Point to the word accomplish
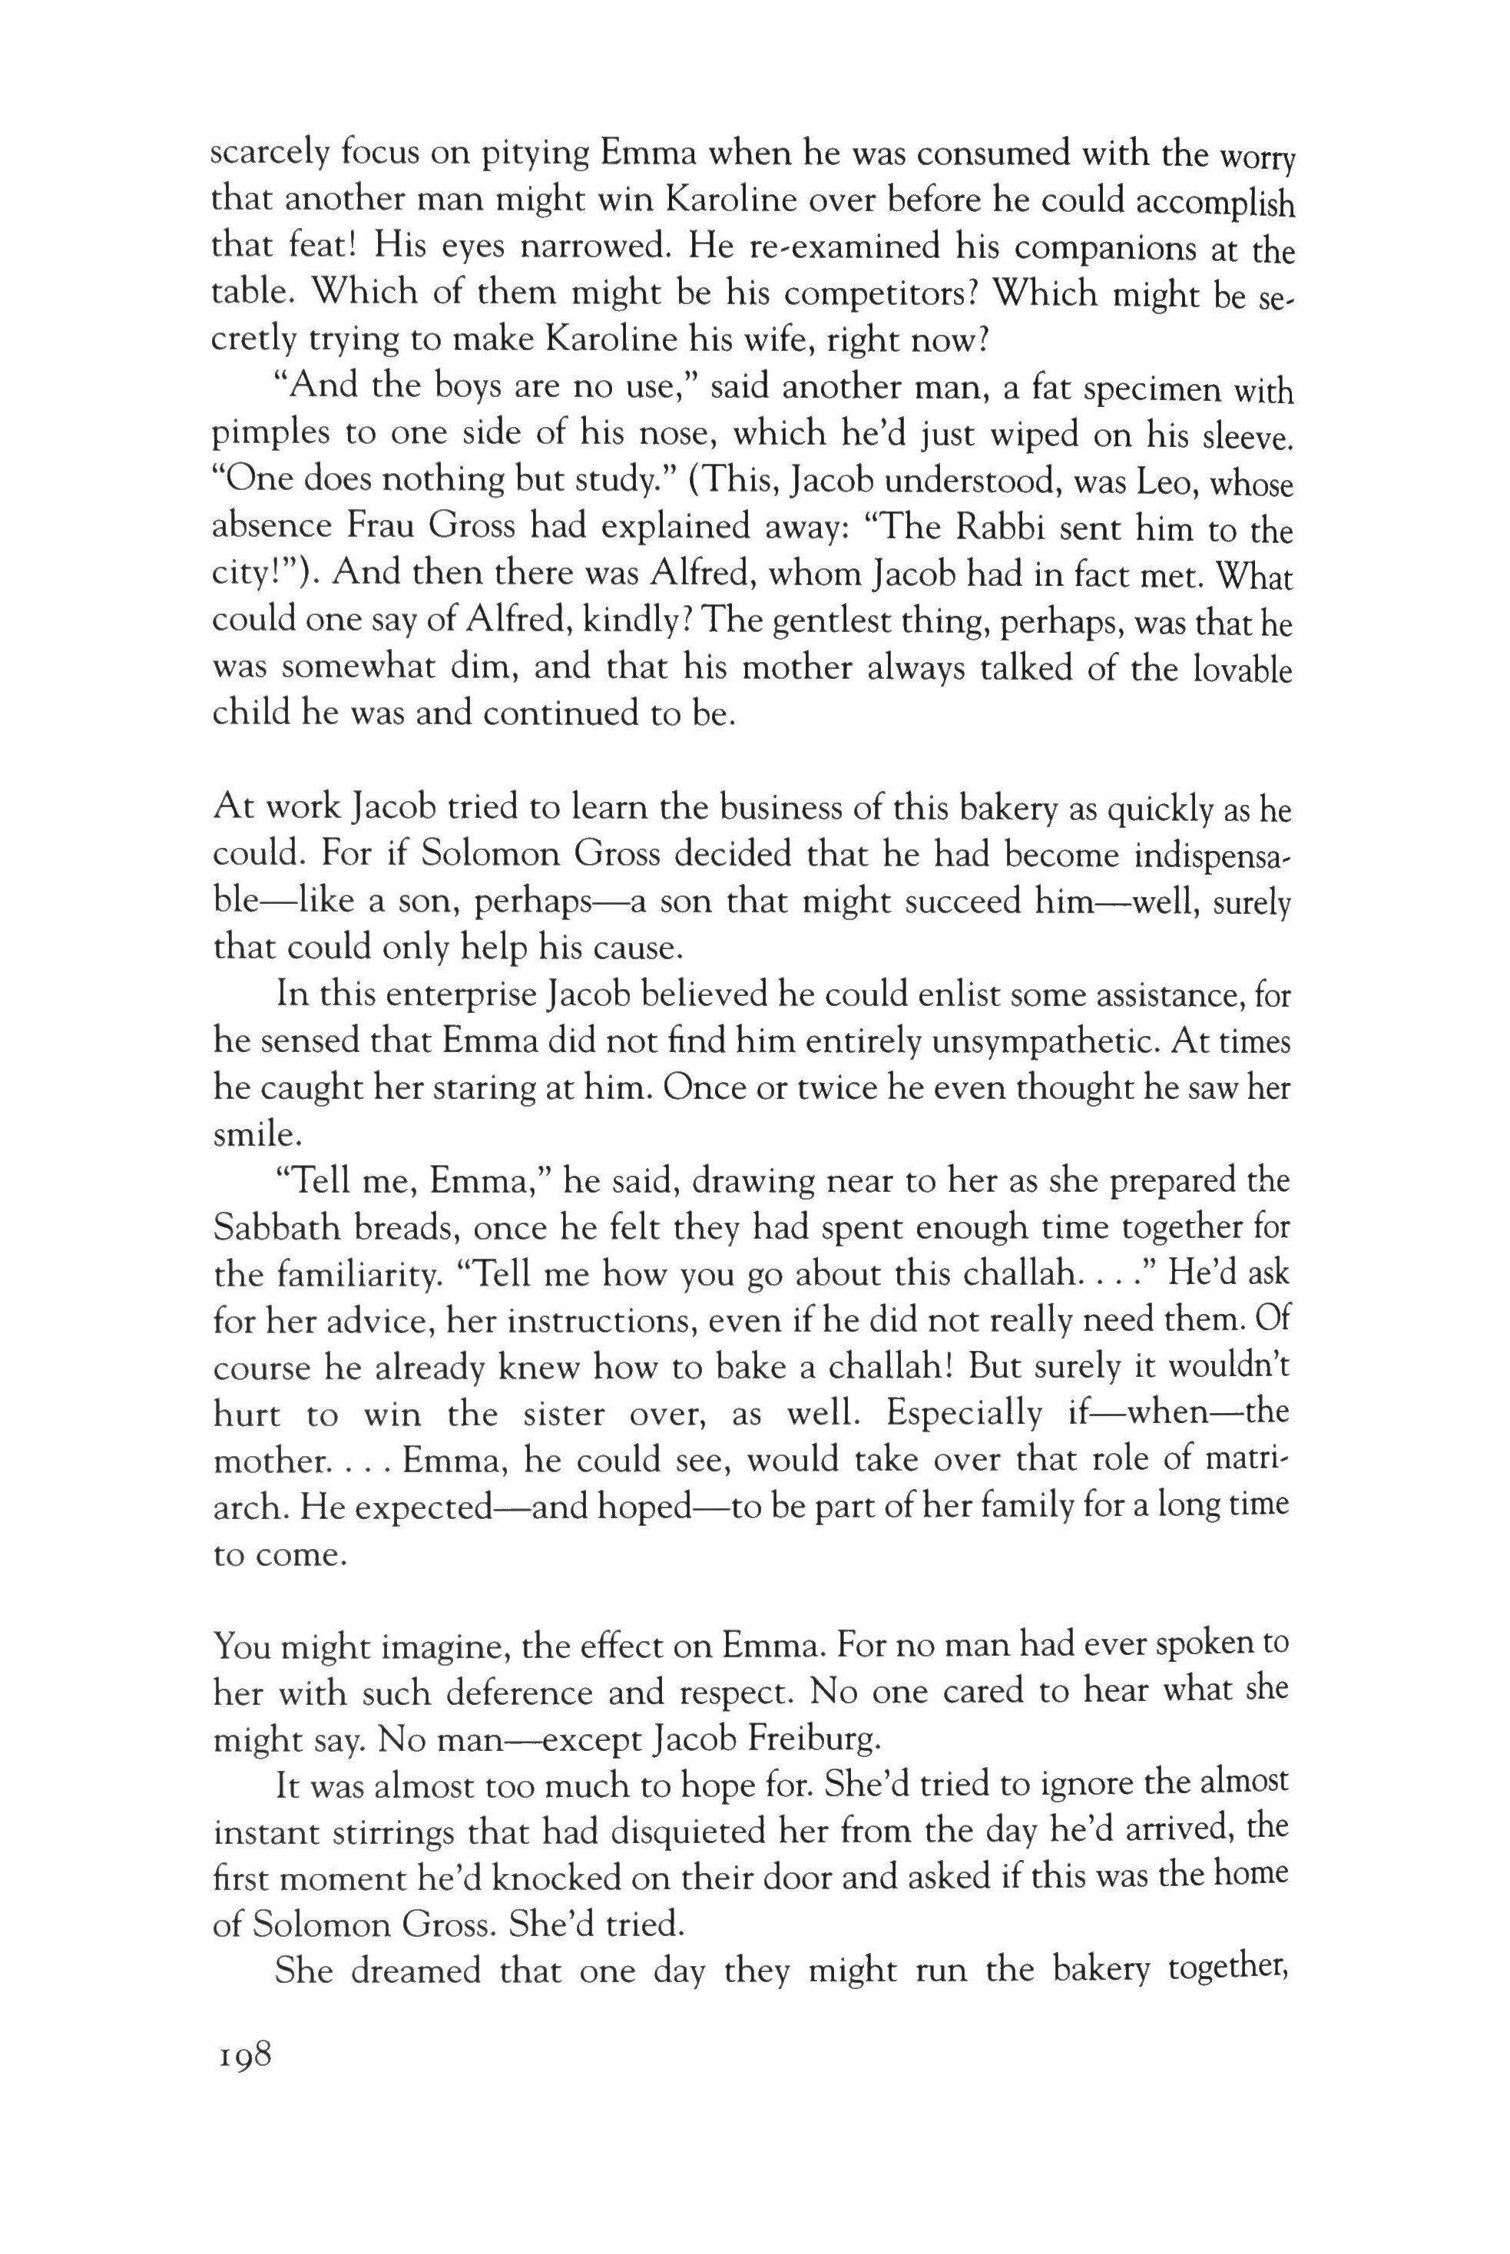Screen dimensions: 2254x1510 pos(1215,204)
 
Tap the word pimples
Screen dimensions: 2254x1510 pos(270,437)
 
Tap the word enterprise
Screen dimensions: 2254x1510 pos(451,994)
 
